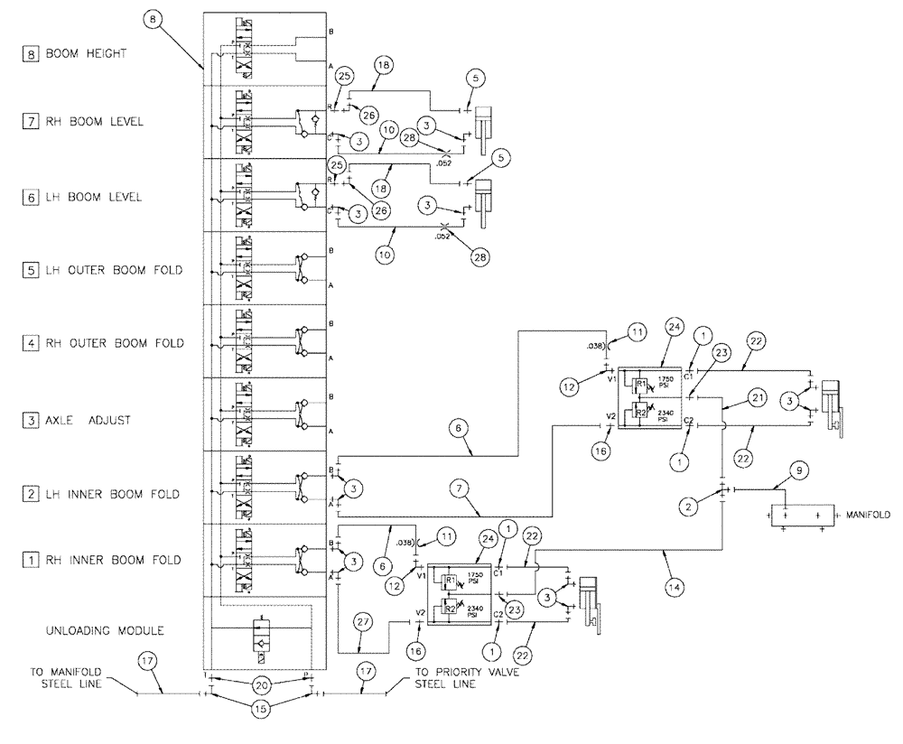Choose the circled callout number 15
(261, 711)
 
